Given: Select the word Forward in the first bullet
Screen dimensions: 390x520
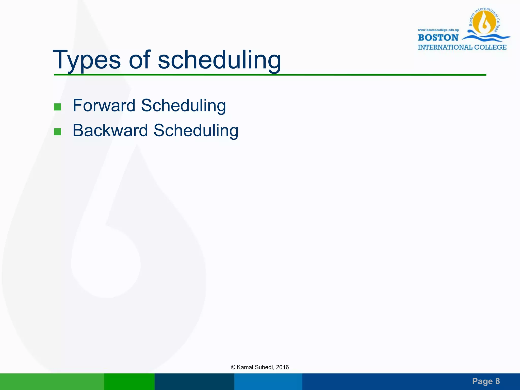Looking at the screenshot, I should click(x=104, y=105).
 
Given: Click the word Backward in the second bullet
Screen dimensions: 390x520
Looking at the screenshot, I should click(x=110, y=131).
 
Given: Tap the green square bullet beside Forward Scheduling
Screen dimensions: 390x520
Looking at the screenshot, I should click(x=57, y=107).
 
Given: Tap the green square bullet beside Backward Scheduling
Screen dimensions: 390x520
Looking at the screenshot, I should click(x=57, y=132).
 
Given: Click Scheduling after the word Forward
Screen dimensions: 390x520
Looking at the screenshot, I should click(x=183, y=105).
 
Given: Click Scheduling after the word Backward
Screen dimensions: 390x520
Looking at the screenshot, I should click(x=196, y=131).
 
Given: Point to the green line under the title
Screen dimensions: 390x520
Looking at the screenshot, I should click(x=270, y=75).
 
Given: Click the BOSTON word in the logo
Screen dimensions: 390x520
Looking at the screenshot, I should click(x=438, y=38).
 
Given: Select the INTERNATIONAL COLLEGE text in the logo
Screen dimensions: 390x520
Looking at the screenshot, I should click(x=462, y=47).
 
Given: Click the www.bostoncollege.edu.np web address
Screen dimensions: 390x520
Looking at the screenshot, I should click(x=438, y=30).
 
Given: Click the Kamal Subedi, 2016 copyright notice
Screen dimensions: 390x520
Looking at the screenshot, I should click(x=260, y=367).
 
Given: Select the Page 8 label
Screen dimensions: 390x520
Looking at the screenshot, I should click(x=486, y=381).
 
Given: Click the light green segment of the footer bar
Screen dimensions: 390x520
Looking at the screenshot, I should click(x=52, y=381).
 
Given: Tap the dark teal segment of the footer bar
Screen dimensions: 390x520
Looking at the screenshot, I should click(x=194, y=381).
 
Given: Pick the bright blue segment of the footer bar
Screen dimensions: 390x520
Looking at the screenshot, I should click(x=268, y=381).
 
